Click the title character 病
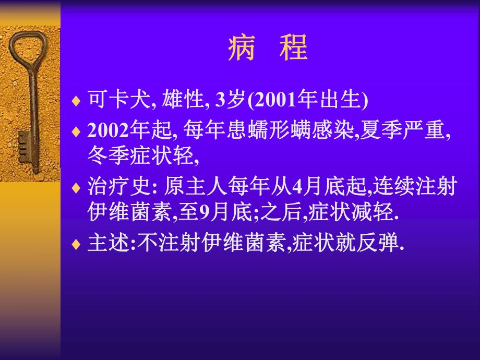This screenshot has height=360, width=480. point(241,48)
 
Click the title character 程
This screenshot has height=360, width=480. point(293,48)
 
